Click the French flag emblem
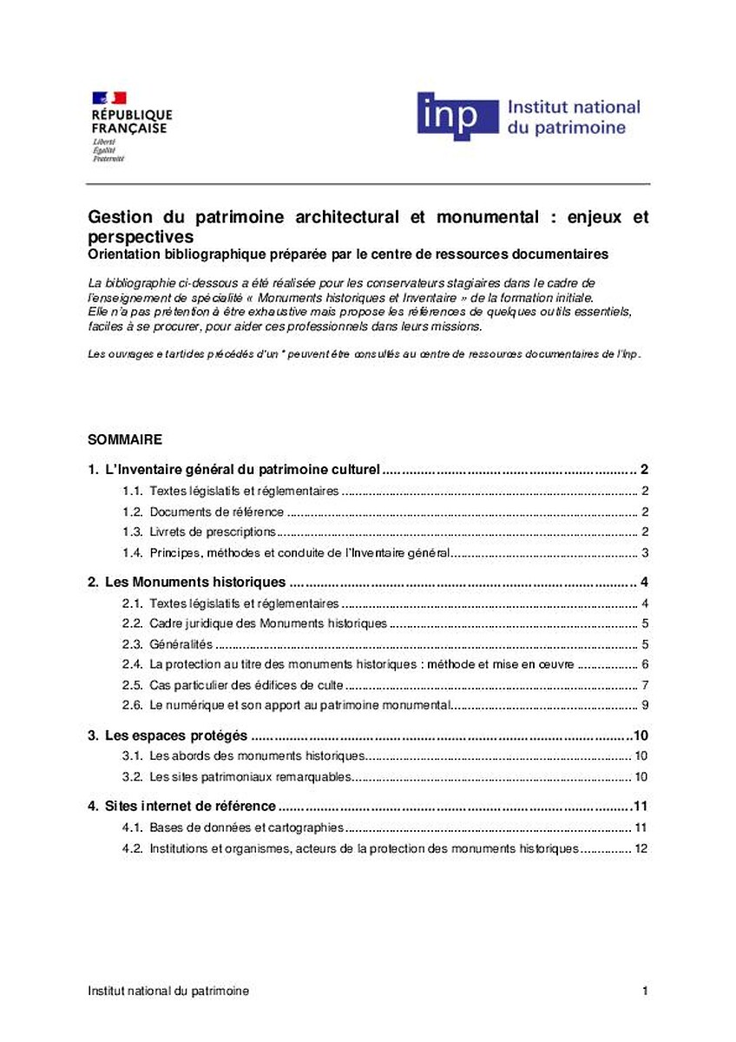(x=109, y=97)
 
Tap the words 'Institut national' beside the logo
(x=573, y=107)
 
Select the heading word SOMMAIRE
(x=125, y=439)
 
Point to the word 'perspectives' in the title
(x=141, y=236)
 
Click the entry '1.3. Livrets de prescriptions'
(x=213, y=532)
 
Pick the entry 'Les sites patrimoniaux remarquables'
(x=250, y=776)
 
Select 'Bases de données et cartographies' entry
(x=246, y=828)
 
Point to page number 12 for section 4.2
(x=641, y=848)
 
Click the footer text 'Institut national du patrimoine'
(x=168, y=991)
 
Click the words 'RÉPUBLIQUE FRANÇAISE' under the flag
(x=132, y=121)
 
